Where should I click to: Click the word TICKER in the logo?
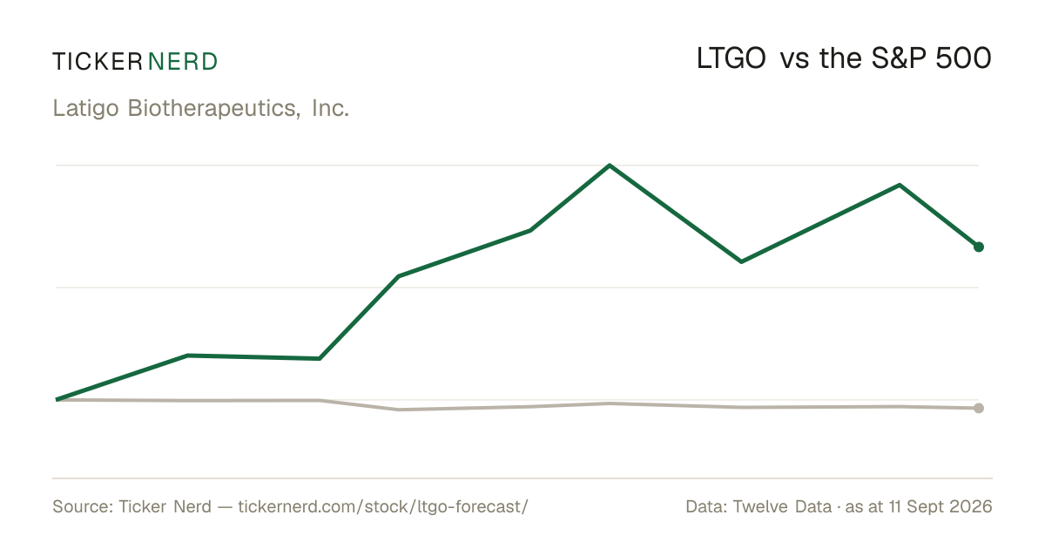point(98,62)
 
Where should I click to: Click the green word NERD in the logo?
point(183,62)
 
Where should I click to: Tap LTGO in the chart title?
point(731,59)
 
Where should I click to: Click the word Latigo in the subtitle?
point(86,109)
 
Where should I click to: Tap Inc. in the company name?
point(330,108)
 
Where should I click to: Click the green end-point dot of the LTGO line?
point(979,247)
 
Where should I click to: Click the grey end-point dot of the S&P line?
point(979,408)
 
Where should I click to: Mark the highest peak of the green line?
point(610,166)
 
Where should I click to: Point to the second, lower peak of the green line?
point(900,186)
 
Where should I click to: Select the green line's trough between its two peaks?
point(741,261)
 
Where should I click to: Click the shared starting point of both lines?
point(57,400)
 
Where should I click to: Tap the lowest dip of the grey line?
point(399,410)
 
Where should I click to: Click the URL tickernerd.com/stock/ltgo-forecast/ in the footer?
point(383,506)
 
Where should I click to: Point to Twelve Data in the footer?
point(782,506)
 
